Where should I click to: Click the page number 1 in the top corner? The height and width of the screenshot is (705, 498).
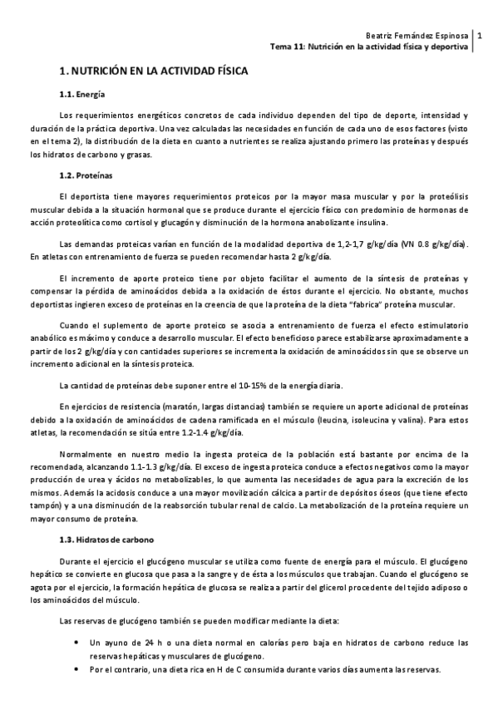point(480,36)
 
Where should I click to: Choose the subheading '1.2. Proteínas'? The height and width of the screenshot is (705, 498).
point(86,176)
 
